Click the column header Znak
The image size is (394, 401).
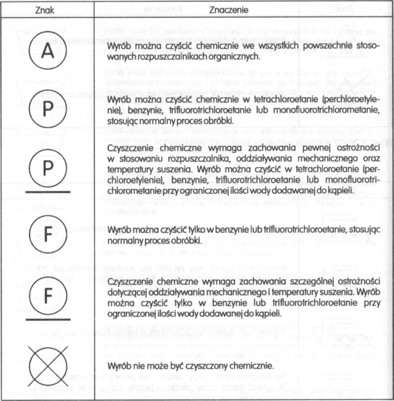pyautogui.click(x=47, y=10)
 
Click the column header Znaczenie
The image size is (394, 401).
pyautogui.click(x=229, y=10)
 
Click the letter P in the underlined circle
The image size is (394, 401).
pyautogui.click(x=48, y=167)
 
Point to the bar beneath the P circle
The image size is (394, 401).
pyautogui.click(x=48, y=192)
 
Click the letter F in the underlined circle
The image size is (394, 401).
pyautogui.click(x=48, y=294)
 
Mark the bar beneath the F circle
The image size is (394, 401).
pyautogui.click(x=48, y=319)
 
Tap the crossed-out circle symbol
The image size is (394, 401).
pyautogui.click(x=48, y=364)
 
